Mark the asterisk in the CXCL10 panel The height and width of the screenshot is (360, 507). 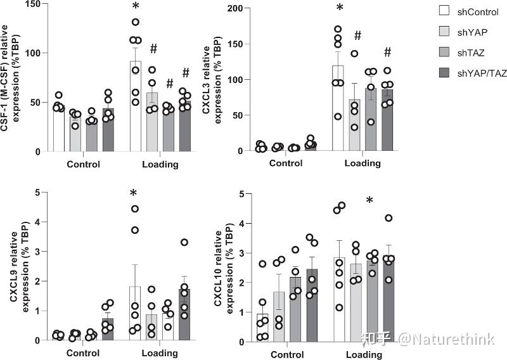tap(369, 202)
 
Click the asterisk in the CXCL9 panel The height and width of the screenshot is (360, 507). tap(134, 194)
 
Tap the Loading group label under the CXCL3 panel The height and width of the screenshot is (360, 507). tap(363, 164)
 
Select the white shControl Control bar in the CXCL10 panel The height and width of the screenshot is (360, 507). tap(263, 328)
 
